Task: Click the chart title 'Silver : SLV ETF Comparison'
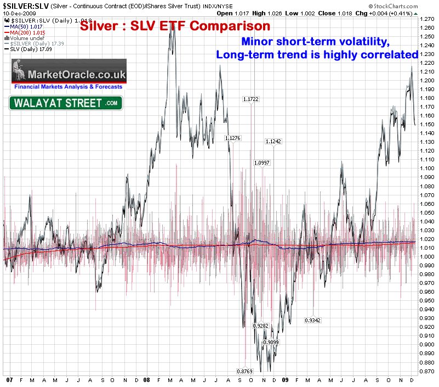[175, 26]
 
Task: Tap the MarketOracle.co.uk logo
[69, 74]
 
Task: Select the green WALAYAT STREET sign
[65, 103]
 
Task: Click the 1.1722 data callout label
[251, 99]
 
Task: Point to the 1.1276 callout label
[233, 138]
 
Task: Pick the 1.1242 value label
[273, 142]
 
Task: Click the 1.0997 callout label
[262, 163]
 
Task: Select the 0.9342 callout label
[313, 320]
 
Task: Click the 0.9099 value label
[271, 343]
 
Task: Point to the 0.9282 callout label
[260, 326]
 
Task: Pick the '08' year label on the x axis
[146, 379]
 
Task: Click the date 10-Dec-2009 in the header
[18, 13]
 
